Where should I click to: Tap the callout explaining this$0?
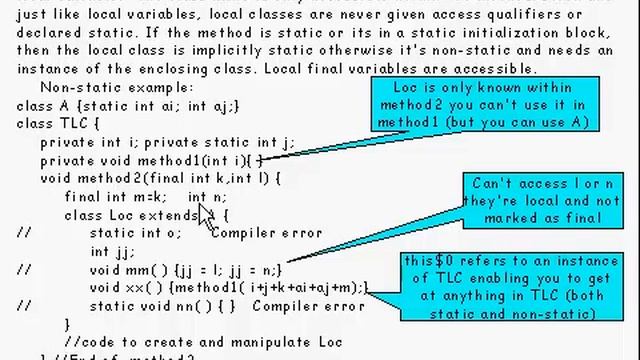point(511,287)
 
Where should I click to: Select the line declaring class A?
point(128,105)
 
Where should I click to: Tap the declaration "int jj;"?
point(112,251)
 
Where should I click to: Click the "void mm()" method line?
point(185,269)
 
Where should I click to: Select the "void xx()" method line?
point(229,287)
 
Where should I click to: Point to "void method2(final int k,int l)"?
point(160,178)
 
